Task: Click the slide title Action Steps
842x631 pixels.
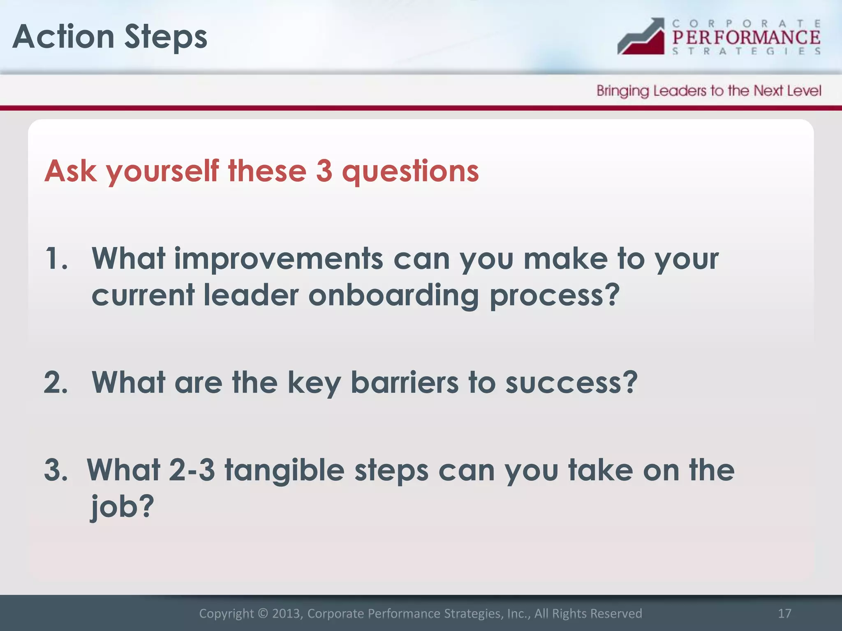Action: (110, 37)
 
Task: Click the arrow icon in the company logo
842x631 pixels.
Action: (641, 37)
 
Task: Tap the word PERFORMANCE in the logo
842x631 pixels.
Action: (746, 37)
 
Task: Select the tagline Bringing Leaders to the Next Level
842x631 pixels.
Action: (709, 91)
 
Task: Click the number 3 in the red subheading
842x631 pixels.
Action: (324, 170)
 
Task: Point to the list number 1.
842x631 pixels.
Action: (56, 259)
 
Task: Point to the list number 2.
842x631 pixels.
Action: (56, 382)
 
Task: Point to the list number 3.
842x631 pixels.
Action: (56, 470)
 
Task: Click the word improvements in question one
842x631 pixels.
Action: (278, 259)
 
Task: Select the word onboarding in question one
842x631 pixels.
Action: (393, 295)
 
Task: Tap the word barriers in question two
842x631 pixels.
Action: (404, 382)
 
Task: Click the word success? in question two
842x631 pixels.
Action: (571, 382)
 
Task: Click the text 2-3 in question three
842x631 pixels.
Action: (192, 470)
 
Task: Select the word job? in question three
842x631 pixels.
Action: (122, 506)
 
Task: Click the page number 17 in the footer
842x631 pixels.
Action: (784, 613)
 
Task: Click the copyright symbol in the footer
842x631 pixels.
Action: (262, 613)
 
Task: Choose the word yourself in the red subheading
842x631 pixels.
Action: (163, 171)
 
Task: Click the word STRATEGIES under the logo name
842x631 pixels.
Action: (746, 51)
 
